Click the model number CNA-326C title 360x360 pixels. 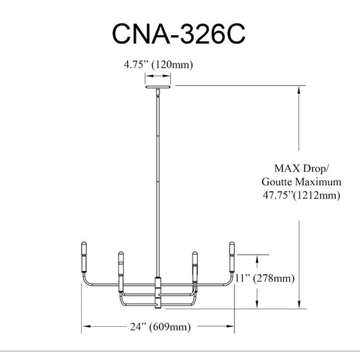pyautogui.click(x=178, y=34)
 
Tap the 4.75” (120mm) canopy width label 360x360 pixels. pyautogui.click(x=158, y=65)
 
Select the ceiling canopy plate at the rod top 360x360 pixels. pyautogui.click(x=158, y=86)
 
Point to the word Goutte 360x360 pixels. pyautogui.click(x=277, y=182)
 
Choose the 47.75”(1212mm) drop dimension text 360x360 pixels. pyautogui.click(x=301, y=195)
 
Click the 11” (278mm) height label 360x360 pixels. pyautogui.click(x=265, y=278)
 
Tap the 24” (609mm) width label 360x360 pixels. pyautogui.click(x=160, y=326)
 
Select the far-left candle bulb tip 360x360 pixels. pyautogui.click(x=84, y=243)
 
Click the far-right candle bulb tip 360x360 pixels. pyautogui.click(x=232, y=243)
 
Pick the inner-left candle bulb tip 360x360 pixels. pyautogui.click(x=121, y=253)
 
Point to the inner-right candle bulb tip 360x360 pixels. pyautogui.click(x=195, y=253)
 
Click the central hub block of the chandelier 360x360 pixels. pyautogui.click(x=158, y=293)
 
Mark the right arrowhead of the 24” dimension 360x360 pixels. pyautogui.click(x=230, y=326)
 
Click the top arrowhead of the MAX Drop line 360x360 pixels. pyautogui.click(x=299, y=90)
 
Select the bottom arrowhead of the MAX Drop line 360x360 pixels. pyautogui.click(x=299, y=304)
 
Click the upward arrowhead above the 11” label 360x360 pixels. pyautogui.click(x=257, y=259)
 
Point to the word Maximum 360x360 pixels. pyautogui.click(x=317, y=182)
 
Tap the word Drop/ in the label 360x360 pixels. pyautogui.click(x=315, y=169)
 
